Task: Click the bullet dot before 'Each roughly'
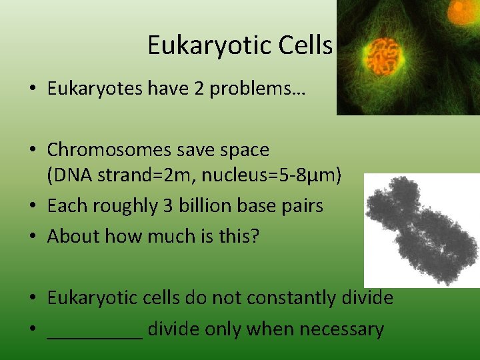click(33, 207)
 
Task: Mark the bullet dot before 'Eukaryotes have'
click(33, 90)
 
